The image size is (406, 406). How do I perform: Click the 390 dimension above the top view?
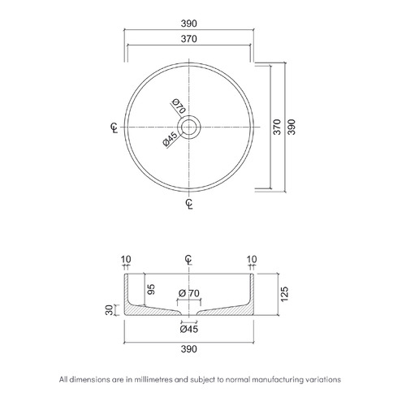(x=188, y=24)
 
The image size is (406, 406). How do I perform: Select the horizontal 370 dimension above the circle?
(x=188, y=39)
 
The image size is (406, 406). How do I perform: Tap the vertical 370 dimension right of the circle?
(x=277, y=127)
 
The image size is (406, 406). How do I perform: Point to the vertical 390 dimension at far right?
(x=292, y=127)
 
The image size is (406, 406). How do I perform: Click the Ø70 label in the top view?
(x=179, y=106)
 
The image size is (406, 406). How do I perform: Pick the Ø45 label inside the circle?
(x=171, y=139)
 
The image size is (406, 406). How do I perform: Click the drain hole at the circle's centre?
(x=189, y=127)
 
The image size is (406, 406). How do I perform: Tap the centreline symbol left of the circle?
(x=114, y=127)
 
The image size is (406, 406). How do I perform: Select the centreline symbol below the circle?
(x=189, y=204)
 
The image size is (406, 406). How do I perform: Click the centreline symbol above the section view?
(x=188, y=259)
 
